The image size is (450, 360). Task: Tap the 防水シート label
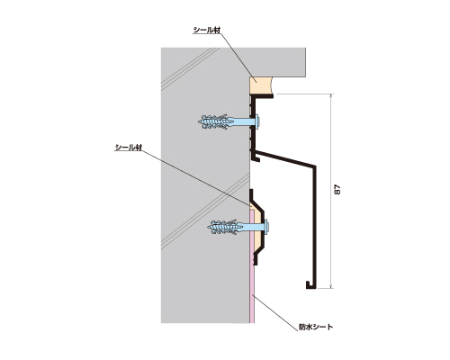coord(316,327)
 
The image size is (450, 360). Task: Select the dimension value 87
coord(337,190)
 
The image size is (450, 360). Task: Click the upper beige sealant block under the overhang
coord(260,85)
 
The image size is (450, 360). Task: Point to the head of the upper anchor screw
coord(257,121)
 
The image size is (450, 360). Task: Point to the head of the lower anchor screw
coord(266,227)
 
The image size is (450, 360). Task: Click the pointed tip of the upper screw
coord(199,121)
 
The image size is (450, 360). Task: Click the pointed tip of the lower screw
coord(208,227)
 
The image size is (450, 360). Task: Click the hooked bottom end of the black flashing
coord(309,285)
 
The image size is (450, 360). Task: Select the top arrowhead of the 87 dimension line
coord(331,96)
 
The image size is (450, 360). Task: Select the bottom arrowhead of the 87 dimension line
coord(331,286)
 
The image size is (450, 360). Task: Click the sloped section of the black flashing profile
coord(285,157)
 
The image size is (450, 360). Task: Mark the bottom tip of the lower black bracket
coord(256,265)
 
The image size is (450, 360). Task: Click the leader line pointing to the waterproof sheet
coord(275,310)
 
